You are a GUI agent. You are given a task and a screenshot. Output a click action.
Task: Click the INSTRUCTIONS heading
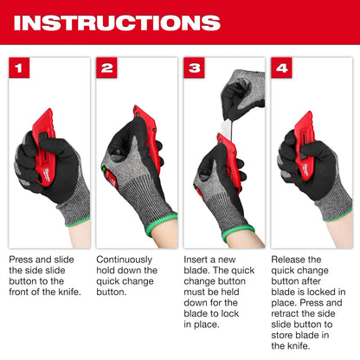coord(117,22)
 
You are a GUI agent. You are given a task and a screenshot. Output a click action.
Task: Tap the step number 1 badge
coord(19,67)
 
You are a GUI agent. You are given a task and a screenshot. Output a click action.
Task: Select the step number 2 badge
coord(106,67)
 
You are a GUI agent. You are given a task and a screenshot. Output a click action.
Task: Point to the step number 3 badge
coord(194,67)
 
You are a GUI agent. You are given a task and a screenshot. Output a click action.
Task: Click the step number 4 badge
coord(281,67)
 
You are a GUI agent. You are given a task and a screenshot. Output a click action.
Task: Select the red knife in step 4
coord(305,145)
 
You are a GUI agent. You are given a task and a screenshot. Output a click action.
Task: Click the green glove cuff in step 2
coord(161,223)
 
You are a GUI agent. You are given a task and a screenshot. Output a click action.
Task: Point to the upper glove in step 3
coord(243,93)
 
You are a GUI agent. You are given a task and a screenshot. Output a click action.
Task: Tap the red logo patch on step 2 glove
coord(111,178)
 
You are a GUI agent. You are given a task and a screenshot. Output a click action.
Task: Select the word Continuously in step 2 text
coord(125,260)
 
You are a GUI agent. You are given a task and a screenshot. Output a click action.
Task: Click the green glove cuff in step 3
coord(238,232)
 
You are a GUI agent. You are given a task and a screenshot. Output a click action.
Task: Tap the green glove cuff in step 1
coord(77,222)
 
